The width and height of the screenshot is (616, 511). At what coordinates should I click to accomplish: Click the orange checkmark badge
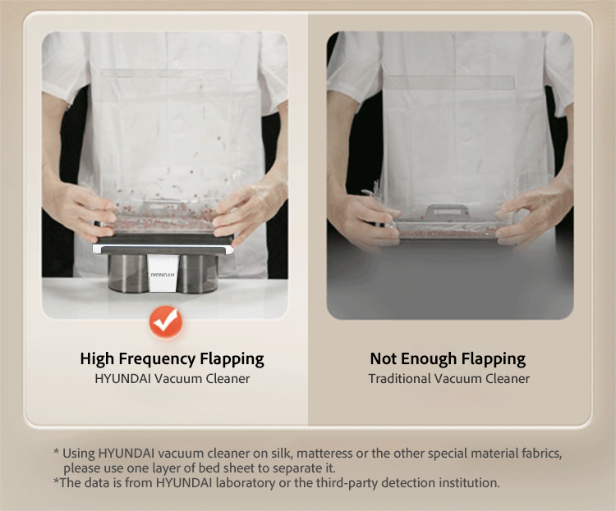(166, 322)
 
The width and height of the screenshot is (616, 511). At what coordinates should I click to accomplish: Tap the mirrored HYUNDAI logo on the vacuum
(163, 275)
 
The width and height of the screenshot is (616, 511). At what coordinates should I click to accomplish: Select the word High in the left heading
(98, 359)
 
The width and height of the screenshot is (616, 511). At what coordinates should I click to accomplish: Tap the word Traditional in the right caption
(399, 379)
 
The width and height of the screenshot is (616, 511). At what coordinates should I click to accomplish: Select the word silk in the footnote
(281, 454)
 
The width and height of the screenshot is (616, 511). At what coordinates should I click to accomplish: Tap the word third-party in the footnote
(347, 483)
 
